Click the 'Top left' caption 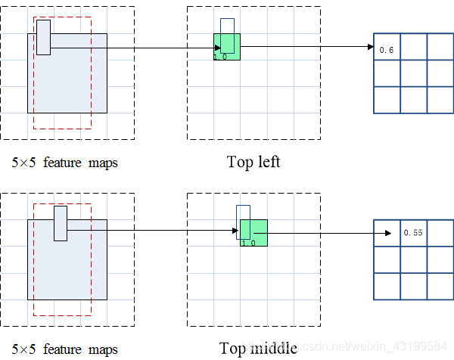click(x=253, y=162)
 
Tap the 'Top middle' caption click(x=258, y=348)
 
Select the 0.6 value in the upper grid click(x=386, y=50)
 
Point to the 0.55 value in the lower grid click(x=412, y=233)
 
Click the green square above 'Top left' click(x=227, y=47)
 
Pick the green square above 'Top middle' click(x=254, y=233)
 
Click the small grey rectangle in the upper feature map click(x=43, y=38)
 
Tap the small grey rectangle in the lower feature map click(x=61, y=223)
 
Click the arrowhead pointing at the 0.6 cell click(x=371, y=47)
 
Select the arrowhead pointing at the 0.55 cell click(x=396, y=233)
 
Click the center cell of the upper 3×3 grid click(x=412, y=73)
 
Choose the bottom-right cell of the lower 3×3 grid click(x=440, y=285)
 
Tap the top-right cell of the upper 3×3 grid click(x=440, y=47)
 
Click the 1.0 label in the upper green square click(x=221, y=56)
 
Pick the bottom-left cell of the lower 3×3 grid click(x=387, y=285)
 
